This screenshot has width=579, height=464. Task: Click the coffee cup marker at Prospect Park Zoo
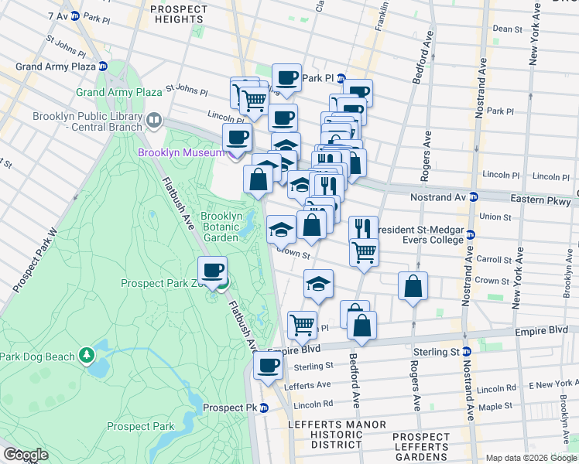point(213,271)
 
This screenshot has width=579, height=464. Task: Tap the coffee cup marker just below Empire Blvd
point(269,366)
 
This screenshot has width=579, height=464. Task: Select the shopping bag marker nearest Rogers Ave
point(413,286)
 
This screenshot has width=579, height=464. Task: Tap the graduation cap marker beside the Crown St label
point(281,230)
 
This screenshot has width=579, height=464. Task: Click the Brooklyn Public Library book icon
point(154,121)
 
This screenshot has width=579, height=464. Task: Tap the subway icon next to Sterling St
point(466,352)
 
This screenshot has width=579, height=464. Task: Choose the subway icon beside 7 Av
point(74,15)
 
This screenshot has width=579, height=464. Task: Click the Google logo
point(26,455)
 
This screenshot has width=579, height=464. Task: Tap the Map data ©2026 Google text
point(531,458)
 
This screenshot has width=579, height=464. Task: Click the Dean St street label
point(508,29)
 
